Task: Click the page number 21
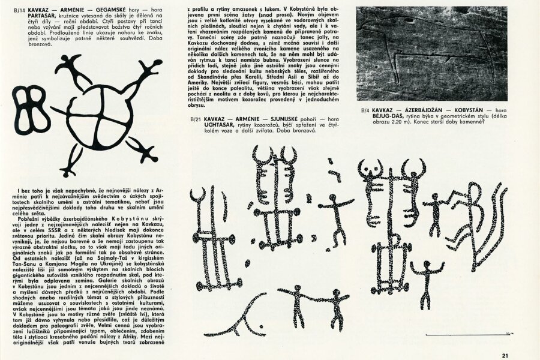(x=506, y=353)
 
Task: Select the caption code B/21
(x=194, y=119)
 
